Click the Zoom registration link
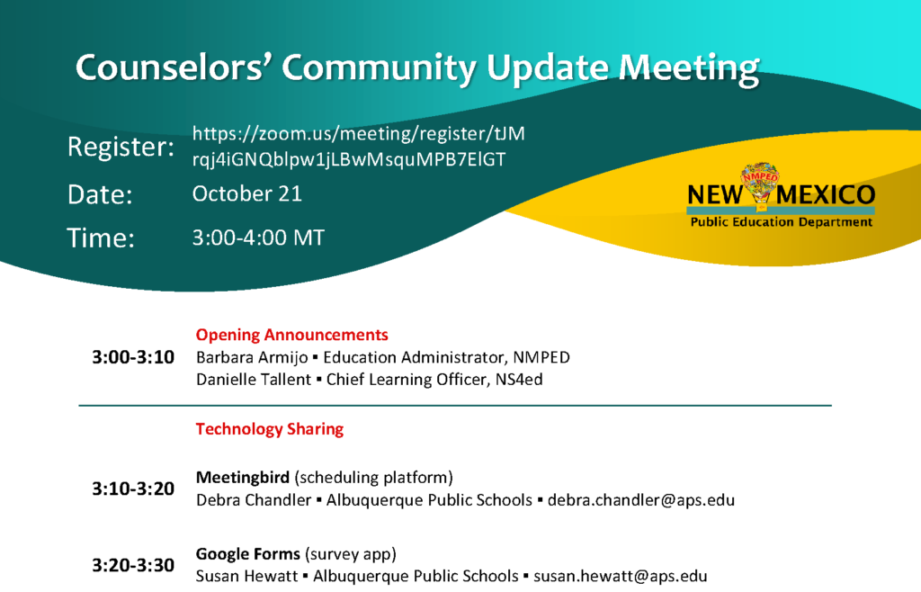coord(358,147)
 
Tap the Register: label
coord(121,147)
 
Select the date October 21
coord(247,193)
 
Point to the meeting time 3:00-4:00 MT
coord(258,238)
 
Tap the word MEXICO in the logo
coord(826,194)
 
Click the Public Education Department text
coord(782,222)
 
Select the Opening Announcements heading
coord(292,335)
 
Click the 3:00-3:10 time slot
coord(133,357)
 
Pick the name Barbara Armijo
coord(252,358)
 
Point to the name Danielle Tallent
coord(253,380)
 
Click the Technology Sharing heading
coord(270,429)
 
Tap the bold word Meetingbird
coord(243,478)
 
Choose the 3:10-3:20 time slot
coord(133,489)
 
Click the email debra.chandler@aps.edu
coord(641,500)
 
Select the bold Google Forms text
coord(248,554)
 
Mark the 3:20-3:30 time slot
coord(133,565)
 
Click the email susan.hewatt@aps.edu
coord(621,576)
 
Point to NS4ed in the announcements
coord(519,380)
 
